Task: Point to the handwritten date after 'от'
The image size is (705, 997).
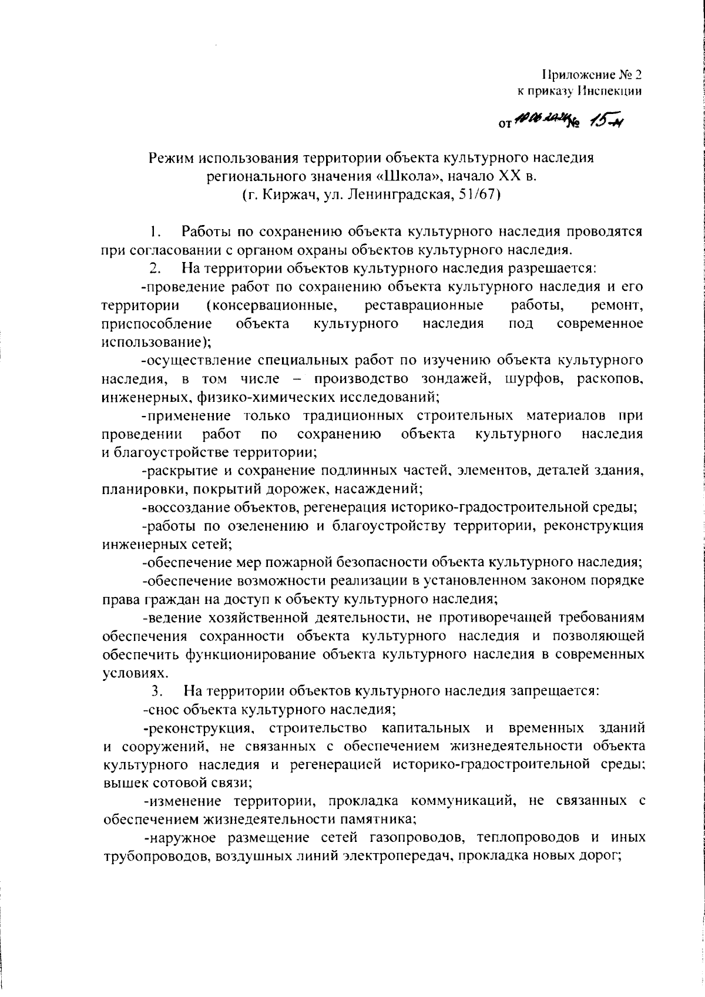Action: click(535, 120)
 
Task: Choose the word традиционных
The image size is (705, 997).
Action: click(353, 416)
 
